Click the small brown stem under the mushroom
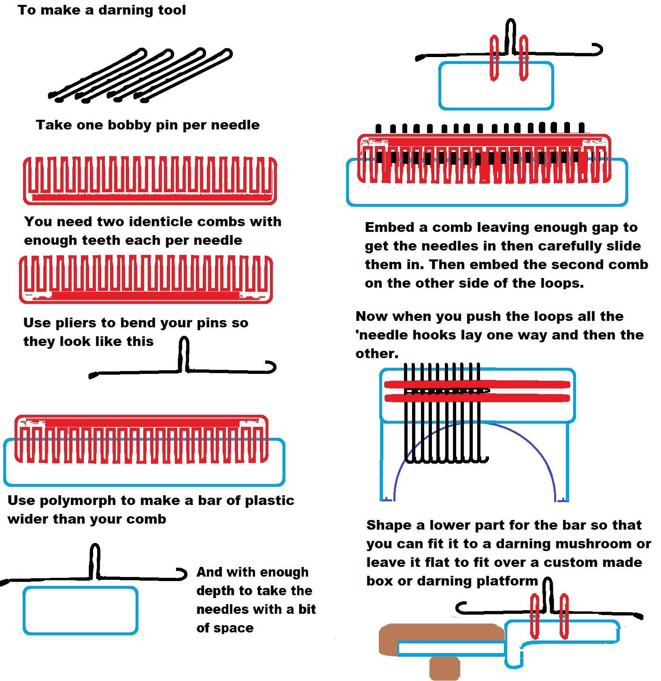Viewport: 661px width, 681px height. click(444, 668)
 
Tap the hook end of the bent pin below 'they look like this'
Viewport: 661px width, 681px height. click(270, 367)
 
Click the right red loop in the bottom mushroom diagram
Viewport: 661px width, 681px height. click(563, 617)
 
